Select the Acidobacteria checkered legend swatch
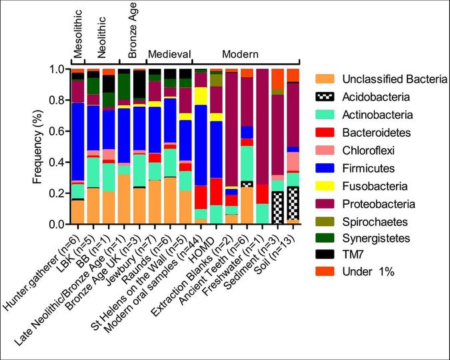tap(325, 97)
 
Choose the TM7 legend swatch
tap(325, 254)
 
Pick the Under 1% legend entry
tap(325, 273)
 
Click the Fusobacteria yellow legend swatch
tap(325, 185)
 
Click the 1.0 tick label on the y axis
tap(56, 69)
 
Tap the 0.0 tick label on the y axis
tap(56, 225)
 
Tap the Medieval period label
tap(170, 54)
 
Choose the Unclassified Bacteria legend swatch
tap(325, 79)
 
